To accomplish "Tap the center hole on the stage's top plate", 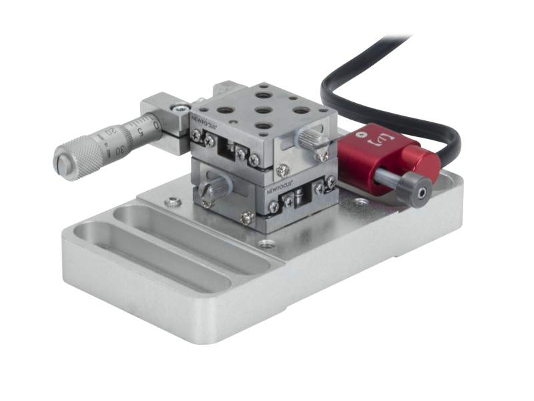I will (263, 111).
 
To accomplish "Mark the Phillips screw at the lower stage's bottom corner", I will (248, 217).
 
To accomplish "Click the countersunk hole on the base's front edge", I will (268, 244).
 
